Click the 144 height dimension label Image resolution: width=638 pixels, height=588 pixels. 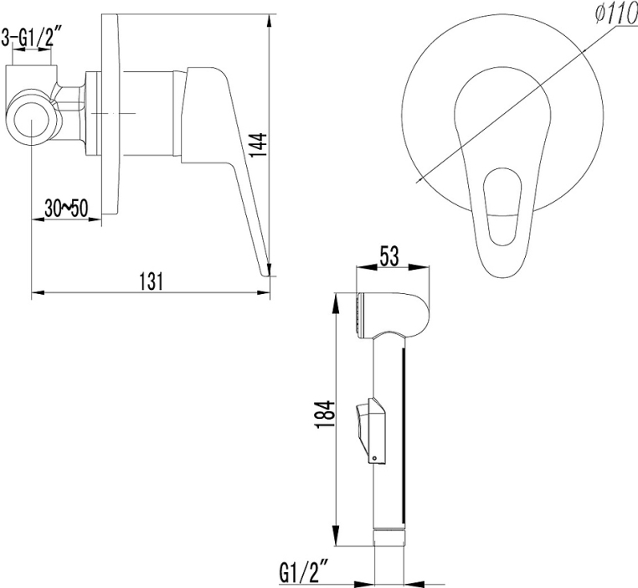[258, 145]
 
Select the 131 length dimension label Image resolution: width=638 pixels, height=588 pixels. [151, 281]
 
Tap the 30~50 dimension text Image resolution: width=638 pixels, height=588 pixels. [66, 209]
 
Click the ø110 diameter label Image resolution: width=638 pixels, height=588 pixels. [615, 16]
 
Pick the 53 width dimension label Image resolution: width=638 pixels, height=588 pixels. [389, 256]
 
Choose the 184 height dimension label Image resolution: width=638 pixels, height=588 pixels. [326, 414]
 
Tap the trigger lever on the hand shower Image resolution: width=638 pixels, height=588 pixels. [370, 431]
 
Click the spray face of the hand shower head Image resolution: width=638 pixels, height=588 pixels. [358, 316]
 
